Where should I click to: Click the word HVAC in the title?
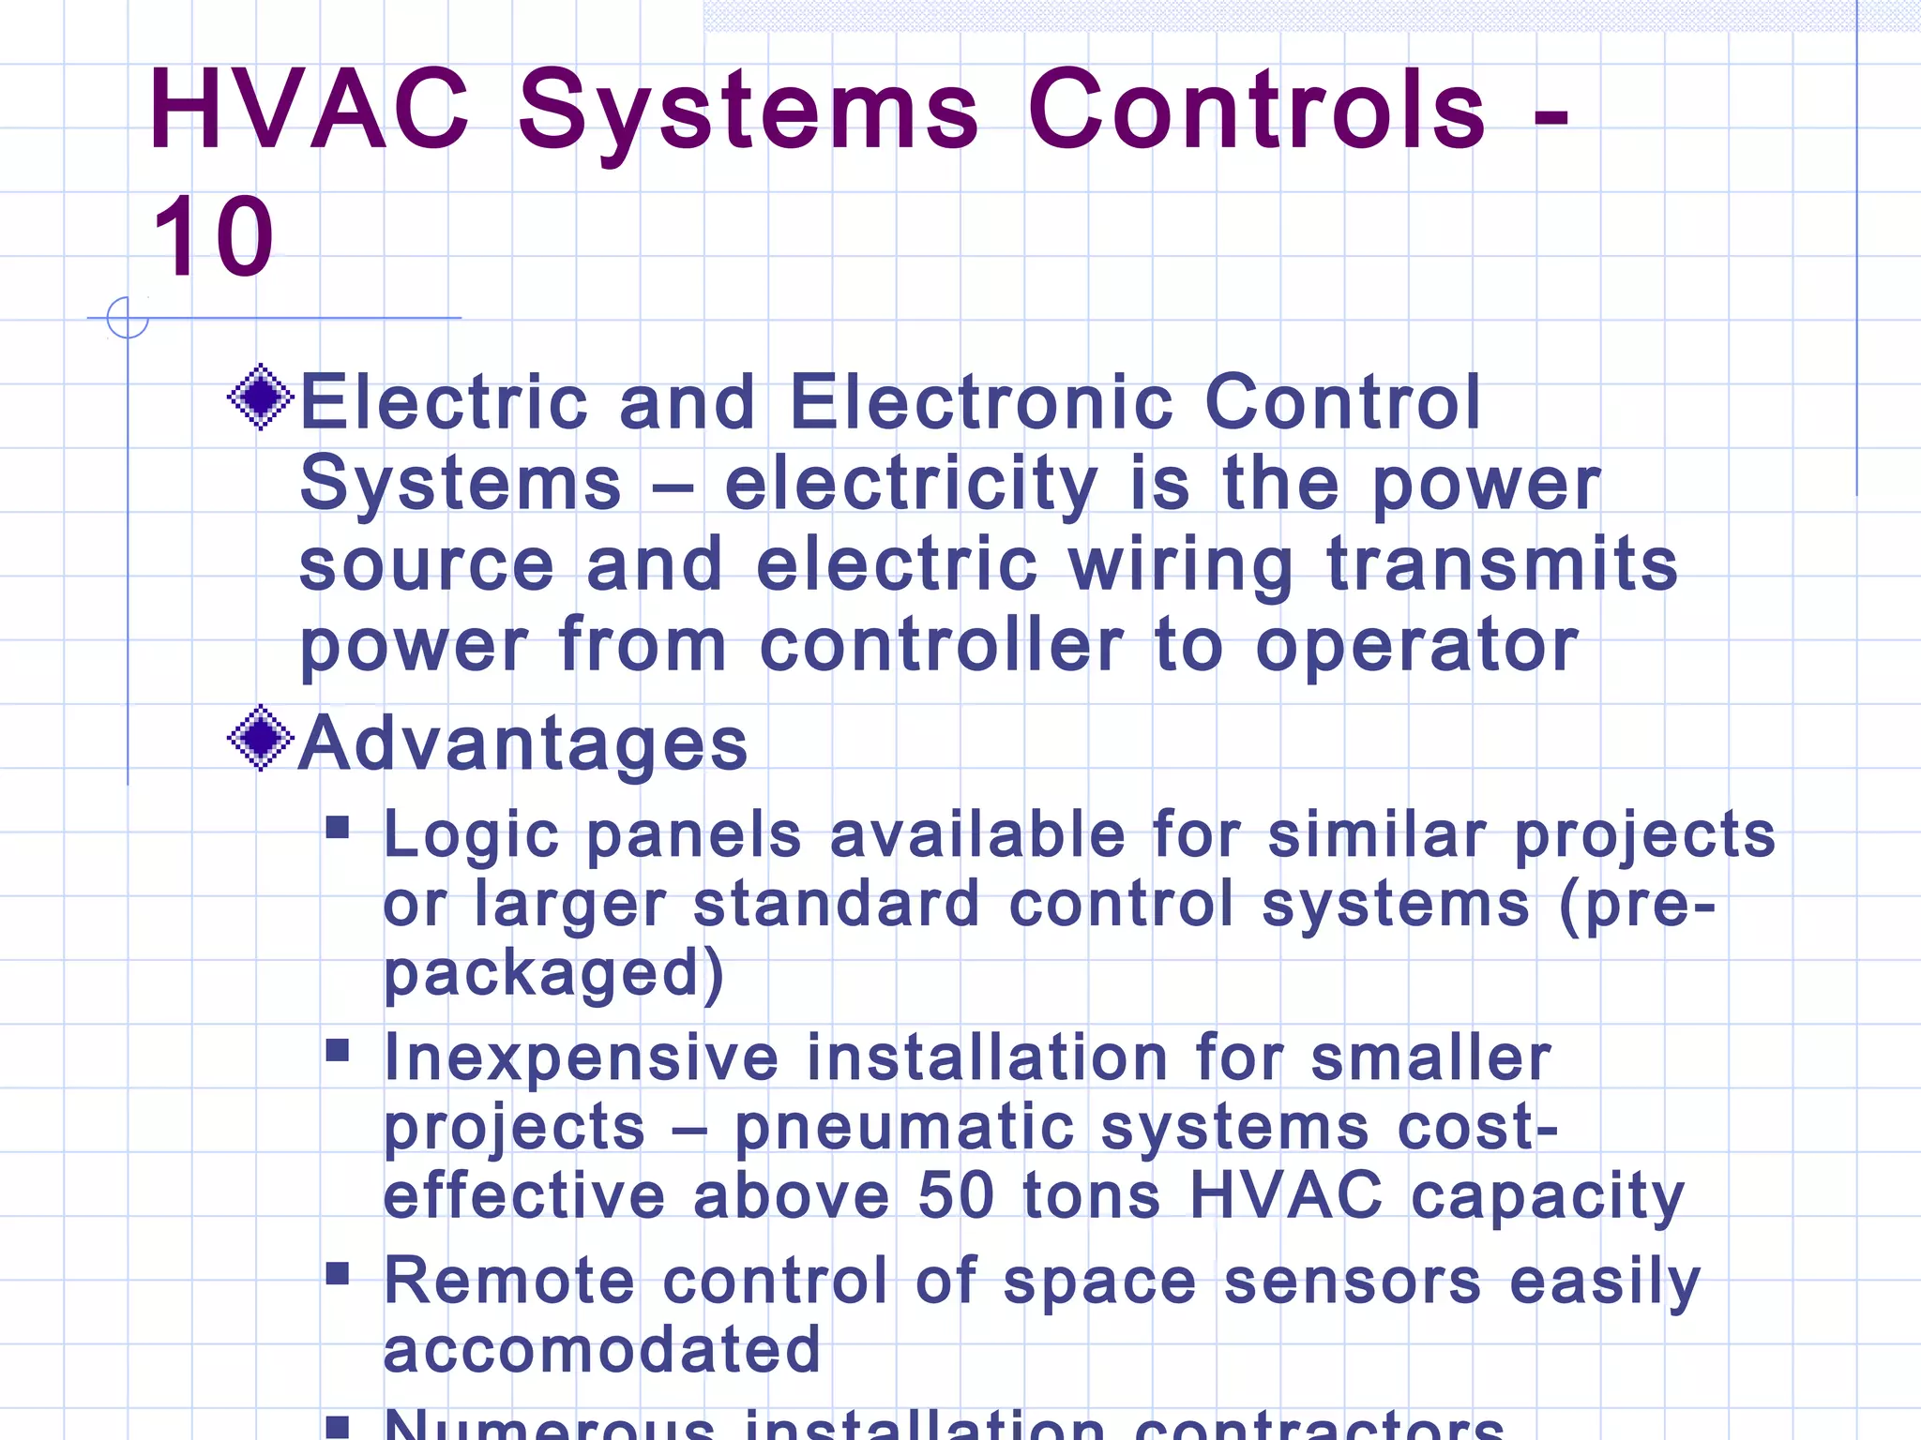(x=309, y=110)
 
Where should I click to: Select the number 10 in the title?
(x=214, y=238)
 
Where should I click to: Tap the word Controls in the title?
(x=1257, y=110)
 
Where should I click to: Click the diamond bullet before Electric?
(x=261, y=397)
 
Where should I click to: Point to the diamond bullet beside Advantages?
(x=261, y=738)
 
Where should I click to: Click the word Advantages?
(x=523, y=743)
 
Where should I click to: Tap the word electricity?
(x=911, y=485)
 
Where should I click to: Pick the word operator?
(x=1417, y=646)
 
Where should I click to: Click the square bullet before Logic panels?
(x=338, y=827)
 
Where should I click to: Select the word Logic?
(x=472, y=834)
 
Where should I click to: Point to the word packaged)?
(x=553, y=974)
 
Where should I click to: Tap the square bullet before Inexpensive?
(x=338, y=1049)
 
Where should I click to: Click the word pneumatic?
(x=903, y=1128)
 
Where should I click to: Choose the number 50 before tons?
(x=956, y=1195)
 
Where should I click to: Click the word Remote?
(x=509, y=1281)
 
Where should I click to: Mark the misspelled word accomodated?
(x=602, y=1350)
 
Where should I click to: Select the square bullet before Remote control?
(x=338, y=1273)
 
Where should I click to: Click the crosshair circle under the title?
(x=128, y=318)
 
